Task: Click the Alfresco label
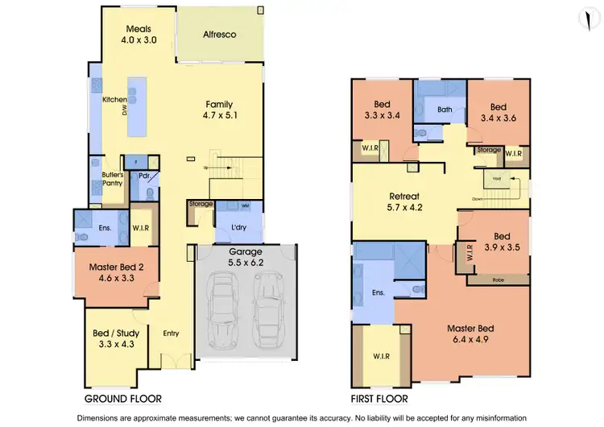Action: (x=219, y=35)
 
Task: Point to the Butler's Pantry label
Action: (x=111, y=178)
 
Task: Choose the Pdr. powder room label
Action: (x=145, y=175)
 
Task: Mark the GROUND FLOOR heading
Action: (x=123, y=398)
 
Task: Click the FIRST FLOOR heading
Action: (x=379, y=398)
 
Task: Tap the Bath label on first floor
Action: (x=445, y=110)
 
